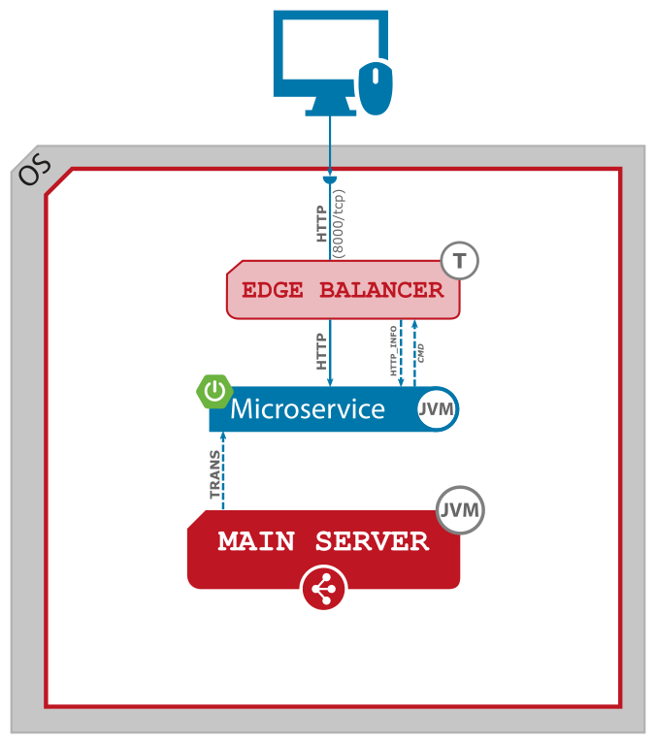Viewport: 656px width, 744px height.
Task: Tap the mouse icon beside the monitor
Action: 376,88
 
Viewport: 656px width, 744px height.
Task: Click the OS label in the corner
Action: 34,171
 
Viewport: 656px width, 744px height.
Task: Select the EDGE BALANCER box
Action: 342,290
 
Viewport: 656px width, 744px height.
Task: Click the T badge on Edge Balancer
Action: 460,260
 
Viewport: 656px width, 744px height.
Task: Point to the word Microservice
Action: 308,409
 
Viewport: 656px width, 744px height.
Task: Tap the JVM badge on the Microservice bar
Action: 436,409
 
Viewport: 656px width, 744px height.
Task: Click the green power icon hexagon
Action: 214,392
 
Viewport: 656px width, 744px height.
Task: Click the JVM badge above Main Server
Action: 460,509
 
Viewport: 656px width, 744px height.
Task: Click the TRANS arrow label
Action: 215,474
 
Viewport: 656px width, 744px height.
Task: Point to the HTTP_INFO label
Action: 394,350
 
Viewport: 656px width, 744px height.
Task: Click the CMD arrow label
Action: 420,351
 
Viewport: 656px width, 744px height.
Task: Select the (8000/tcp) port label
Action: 339,222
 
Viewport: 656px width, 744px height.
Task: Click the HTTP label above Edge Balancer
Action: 321,222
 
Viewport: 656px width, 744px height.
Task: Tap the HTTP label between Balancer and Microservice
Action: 321,351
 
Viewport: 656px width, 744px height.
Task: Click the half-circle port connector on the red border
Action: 330,180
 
